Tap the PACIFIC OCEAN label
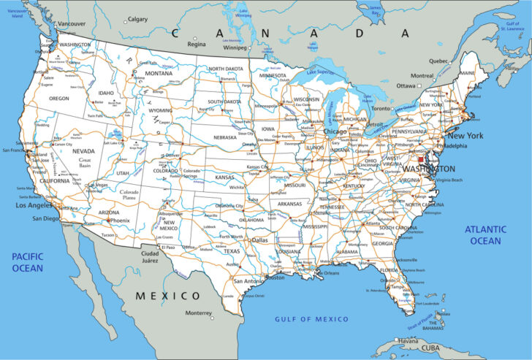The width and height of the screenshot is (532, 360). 27,262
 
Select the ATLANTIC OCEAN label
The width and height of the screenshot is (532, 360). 484,235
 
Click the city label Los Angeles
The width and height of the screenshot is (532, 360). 34,206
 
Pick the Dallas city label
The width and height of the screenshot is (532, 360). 259,240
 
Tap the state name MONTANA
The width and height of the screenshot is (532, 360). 158,73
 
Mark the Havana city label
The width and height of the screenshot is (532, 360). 408,340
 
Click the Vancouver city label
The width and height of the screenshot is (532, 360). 72,23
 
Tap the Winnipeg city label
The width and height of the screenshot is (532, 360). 235,47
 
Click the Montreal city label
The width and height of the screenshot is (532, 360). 422,76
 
